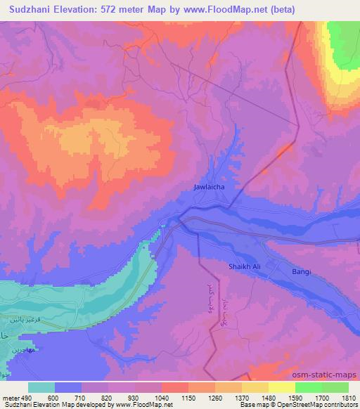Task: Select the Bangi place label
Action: tap(302, 271)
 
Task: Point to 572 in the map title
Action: tap(111, 9)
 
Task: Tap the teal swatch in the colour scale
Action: tap(41, 387)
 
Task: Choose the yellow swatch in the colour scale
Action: tap(282, 387)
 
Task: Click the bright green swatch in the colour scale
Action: tap(309, 387)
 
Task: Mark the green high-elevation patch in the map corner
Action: tap(345, 42)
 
